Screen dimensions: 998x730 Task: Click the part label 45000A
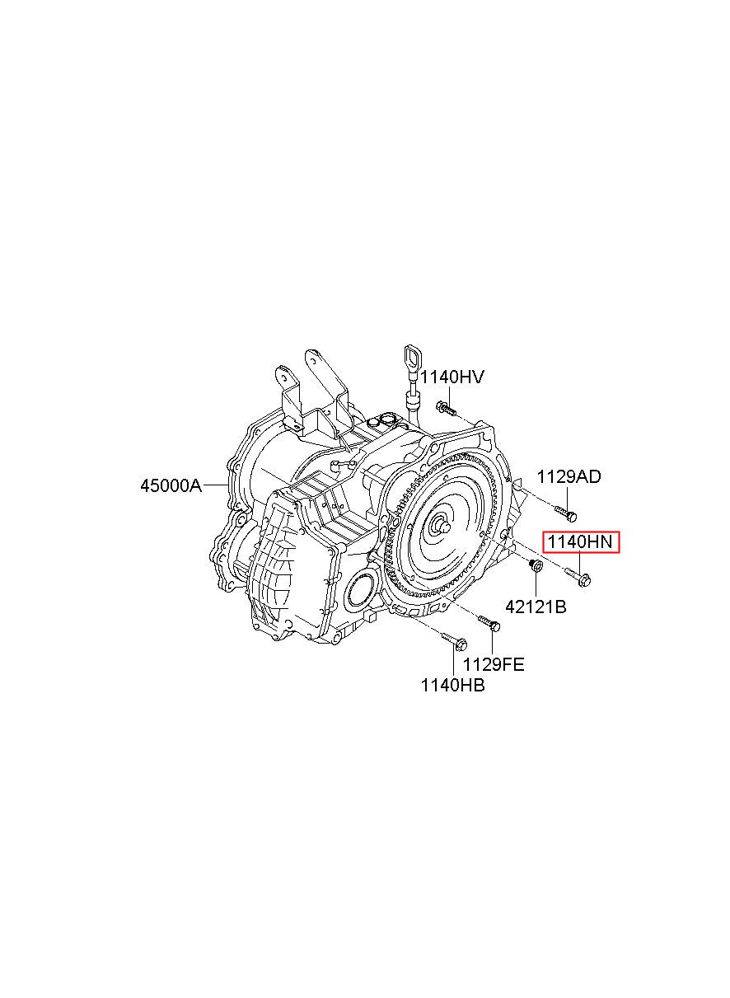point(170,485)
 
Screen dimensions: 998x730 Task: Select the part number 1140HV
point(452,377)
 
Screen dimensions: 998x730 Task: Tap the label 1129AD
point(569,476)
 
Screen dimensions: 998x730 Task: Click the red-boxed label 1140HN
point(579,542)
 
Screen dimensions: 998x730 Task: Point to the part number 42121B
point(535,607)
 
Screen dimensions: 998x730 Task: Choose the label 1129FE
point(493,663)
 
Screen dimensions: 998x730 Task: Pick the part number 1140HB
point(452,684)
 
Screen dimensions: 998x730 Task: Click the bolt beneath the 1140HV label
point(446,408)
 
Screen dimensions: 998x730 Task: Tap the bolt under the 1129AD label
point(567,513)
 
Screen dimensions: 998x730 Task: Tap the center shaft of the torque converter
point(442,523)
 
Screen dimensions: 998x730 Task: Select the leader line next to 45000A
point(215,485)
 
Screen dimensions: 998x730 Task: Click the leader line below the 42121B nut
point(536,584)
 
